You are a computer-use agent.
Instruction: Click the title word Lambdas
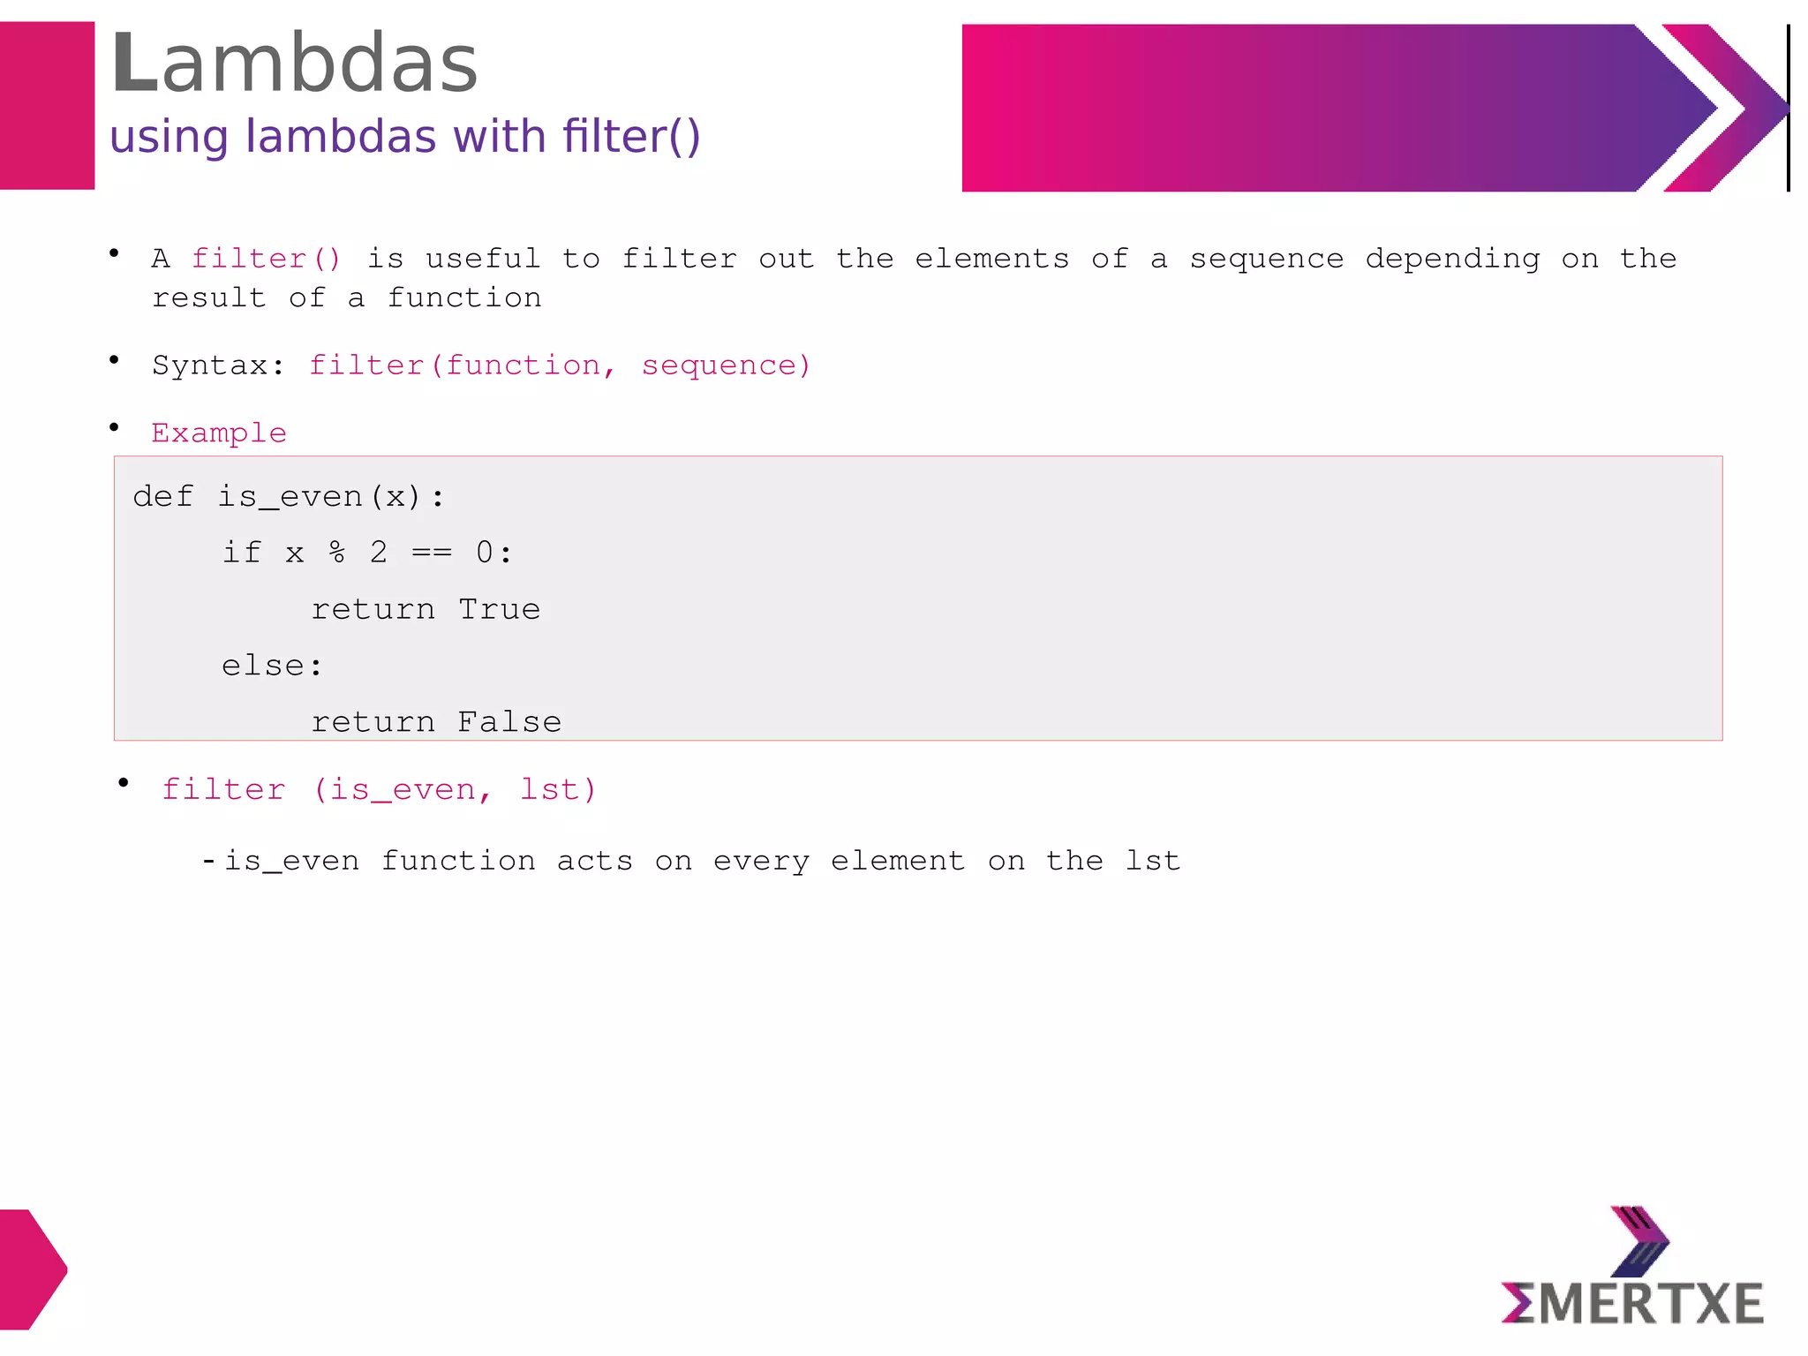[294, 64]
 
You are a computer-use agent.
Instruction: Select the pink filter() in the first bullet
[266, 259]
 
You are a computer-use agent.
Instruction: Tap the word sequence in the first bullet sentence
[1266, 259]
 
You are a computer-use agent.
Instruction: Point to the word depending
[1452, 259]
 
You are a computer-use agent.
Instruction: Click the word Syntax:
[218, 365]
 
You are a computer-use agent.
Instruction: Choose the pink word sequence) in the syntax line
[726, 365]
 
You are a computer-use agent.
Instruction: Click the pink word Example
[219, 433]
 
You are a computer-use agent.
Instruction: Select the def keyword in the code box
[162, 497]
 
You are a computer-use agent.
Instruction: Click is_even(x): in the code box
[331, 498]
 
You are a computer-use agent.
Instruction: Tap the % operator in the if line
[336, 554]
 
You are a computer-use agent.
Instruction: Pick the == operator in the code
[432, 554]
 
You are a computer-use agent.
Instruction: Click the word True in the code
[499, 610]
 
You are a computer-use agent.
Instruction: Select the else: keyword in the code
[272, 667]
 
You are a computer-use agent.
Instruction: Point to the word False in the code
[509, 723]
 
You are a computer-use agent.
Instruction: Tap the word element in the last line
[897, 861]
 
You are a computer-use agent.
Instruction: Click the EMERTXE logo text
[1632, 1304]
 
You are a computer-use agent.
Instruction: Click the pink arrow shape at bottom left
[32, 1269]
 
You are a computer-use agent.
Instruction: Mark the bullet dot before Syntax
[114, 359]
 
